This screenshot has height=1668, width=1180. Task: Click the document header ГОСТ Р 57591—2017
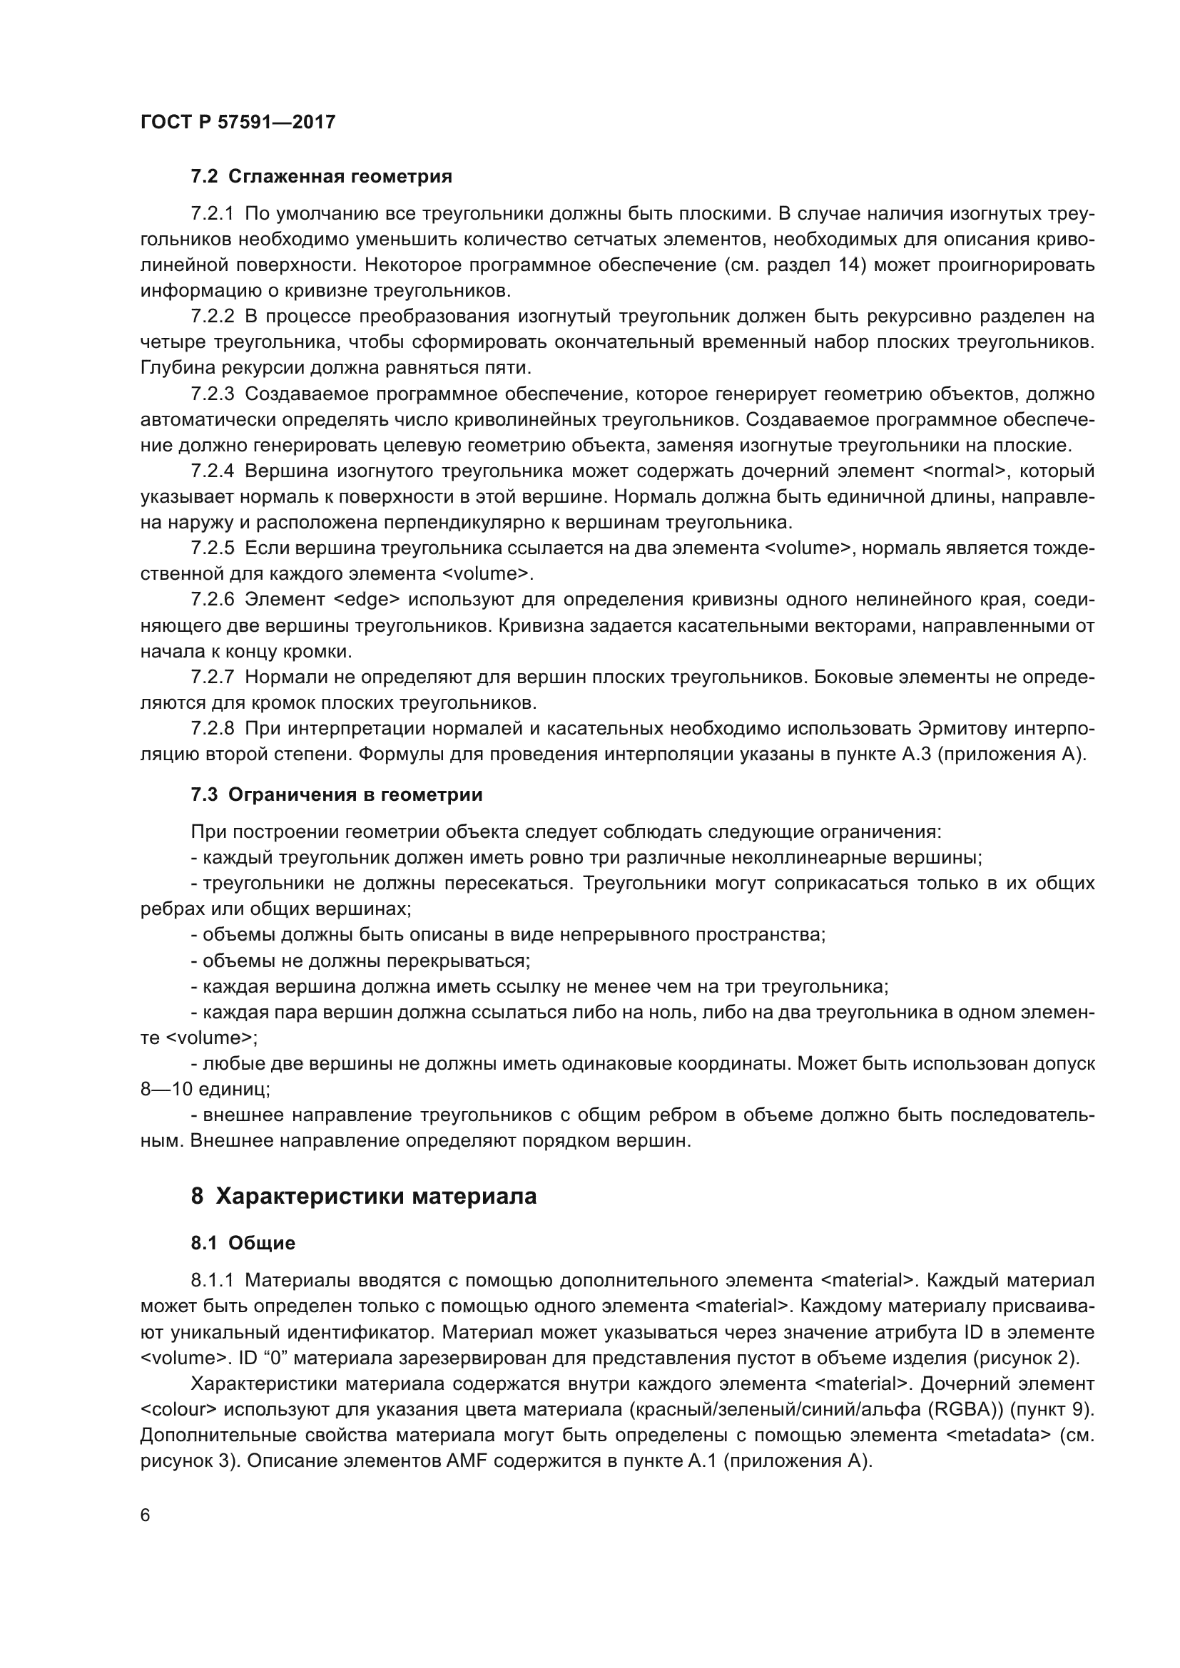(x=238, y=122)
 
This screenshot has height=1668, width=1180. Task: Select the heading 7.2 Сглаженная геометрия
(x=321, y=177)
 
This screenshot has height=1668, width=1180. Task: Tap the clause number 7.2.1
(x=212, y=214)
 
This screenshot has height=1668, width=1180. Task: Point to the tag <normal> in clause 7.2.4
(x=965, y=471)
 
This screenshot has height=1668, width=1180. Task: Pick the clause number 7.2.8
(x=212, y=728)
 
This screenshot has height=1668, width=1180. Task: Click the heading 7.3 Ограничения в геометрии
(x=337, y=794)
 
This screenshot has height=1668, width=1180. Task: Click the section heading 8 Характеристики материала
(x=363, y=1196)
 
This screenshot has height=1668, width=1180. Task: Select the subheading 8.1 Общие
(x=243, y=1243)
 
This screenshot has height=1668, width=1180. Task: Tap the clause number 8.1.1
(x=212, y=1280)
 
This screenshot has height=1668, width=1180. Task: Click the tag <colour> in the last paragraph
(x=179, y=1409)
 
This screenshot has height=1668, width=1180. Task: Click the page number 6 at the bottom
(x=146, y=1515)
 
